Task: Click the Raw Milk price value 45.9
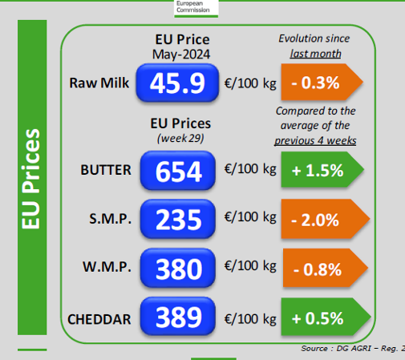[177, 83]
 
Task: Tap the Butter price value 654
[178, 171]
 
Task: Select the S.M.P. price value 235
[178, 219]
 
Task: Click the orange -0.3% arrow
[322, 82]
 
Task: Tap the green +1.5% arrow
[322, 169]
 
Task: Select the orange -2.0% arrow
[326, 219]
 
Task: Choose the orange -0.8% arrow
[326, 268]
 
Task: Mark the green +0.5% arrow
[326, 317]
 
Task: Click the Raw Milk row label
[99, 83]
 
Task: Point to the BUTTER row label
[106, 170]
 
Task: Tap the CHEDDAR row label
[99, 319]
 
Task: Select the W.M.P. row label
[107, 267]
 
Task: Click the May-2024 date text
[181, 55]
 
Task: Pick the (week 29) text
[180, 138]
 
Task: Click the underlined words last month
[316, 54]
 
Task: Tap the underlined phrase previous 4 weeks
[315, 140]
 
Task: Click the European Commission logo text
[193, 6]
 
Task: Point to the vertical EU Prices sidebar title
[30, 179]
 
